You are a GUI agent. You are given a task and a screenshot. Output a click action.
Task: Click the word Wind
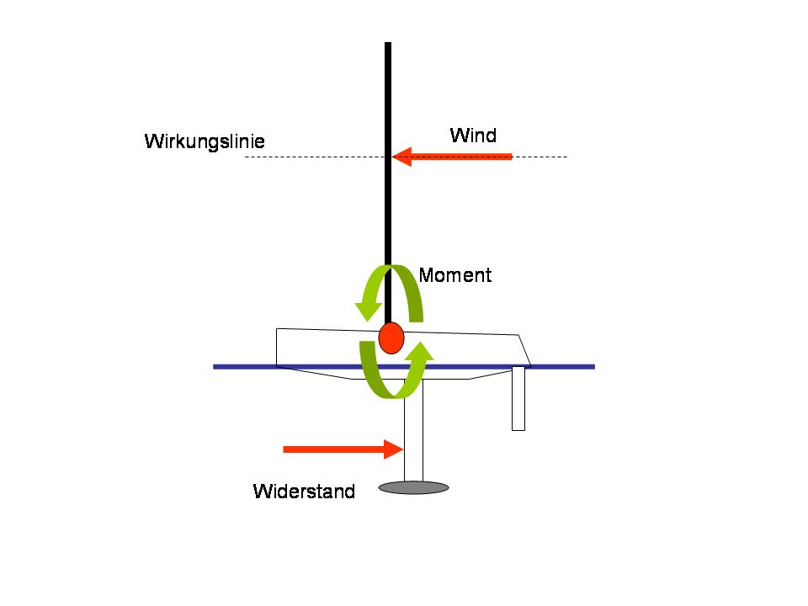[473, 136]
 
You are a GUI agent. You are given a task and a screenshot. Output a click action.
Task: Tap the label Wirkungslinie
[205, 141]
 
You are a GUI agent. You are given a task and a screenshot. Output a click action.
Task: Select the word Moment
[454, 275]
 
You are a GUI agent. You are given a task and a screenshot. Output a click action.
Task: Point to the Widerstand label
[304, 492]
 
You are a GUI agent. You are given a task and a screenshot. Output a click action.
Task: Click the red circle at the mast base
[391, 338]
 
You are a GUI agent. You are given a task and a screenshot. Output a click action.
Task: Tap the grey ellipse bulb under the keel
[413, 486]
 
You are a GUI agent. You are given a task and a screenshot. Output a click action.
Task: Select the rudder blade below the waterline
[518, 400]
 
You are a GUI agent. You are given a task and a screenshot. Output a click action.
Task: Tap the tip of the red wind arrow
[394, 157]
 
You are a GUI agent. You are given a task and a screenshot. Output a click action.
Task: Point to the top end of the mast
[388, 45]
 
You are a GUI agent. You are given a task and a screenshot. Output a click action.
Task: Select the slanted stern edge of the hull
[525, 349]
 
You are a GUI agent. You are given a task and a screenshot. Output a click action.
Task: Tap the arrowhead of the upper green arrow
[368, 309]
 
